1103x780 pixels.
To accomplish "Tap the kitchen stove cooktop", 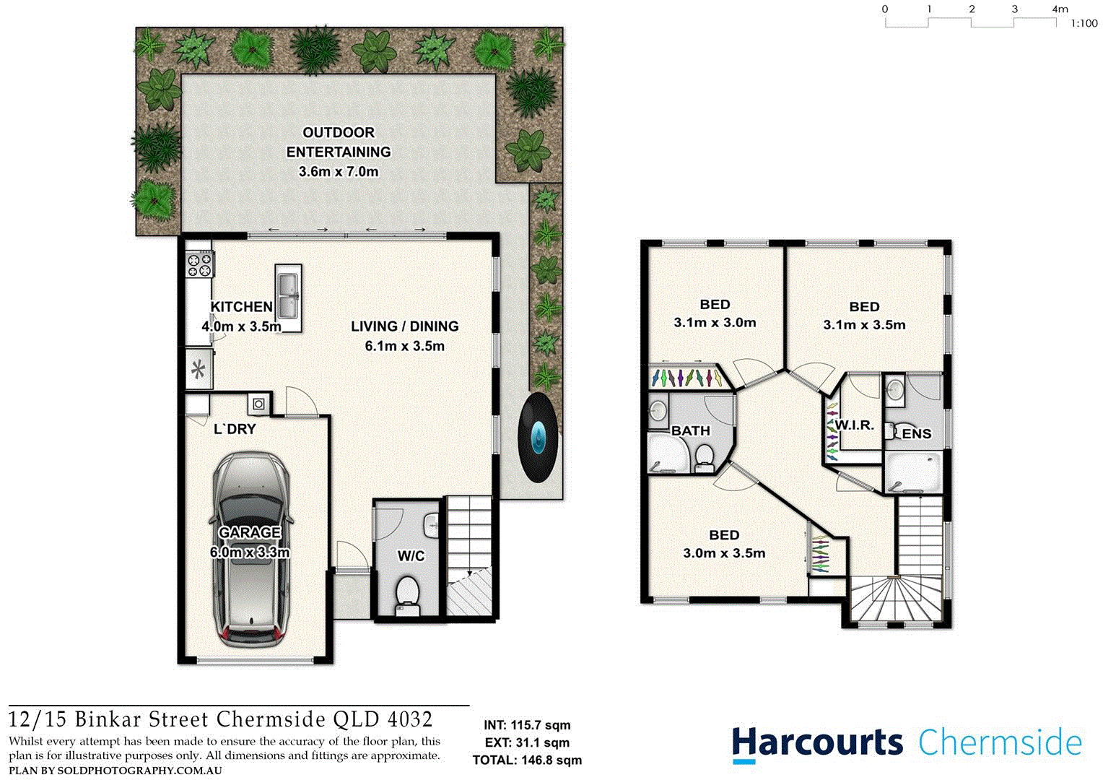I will point(200,264).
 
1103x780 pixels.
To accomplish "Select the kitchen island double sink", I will point(288,291).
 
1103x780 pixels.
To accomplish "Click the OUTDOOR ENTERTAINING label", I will point(339,142).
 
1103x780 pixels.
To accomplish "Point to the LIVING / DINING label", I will point(404,326).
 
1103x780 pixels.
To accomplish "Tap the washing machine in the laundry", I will point(258,404).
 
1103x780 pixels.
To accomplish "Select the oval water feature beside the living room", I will point(539,437).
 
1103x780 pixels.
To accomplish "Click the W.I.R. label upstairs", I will point(855,425).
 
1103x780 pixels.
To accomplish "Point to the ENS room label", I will point(916,434).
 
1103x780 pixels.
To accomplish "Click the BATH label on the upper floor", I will point(691,431).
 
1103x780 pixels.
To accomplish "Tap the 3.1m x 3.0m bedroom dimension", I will point(715,323).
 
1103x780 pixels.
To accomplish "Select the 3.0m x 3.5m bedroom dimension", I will point(724,553).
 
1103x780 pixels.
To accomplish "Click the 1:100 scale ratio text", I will point(1084,24).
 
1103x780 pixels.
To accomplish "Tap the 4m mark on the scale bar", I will point(1059,9).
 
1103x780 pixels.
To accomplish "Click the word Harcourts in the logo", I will point(817,743).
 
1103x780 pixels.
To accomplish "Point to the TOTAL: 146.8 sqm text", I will point(527,760).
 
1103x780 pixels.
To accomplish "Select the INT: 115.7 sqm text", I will point(527,725).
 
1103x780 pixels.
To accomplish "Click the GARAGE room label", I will point(250,532).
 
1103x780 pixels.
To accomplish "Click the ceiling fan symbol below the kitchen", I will point(199,371).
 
